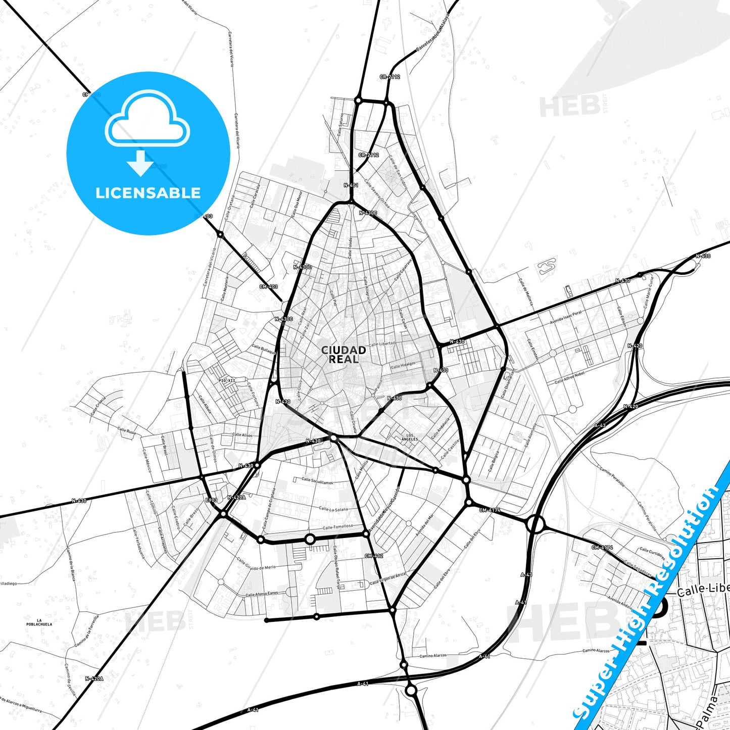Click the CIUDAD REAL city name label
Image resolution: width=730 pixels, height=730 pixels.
click(x=344, y=355)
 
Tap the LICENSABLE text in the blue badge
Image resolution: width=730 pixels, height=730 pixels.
click(x=148, y=193)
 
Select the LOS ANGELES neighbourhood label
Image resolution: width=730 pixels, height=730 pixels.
click(x=409, y=437)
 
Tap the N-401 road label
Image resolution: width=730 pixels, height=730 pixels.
click(x=351, y=185)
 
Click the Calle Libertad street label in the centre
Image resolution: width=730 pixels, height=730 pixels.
click(x=382, y=344)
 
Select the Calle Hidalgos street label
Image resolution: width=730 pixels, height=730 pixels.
click(x=403, y=364)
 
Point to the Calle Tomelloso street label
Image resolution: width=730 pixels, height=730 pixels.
click(x=338, y=527)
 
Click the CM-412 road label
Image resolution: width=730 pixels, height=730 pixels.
click(x=374, y=556)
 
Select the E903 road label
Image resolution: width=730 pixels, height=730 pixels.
click(x=211, y=500)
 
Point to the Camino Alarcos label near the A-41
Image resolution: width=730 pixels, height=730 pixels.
click(x=433, y=656)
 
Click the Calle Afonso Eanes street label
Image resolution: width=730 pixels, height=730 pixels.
click(x=262, y=594)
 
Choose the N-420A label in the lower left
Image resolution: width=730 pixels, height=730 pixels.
click(x=94, y=678)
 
